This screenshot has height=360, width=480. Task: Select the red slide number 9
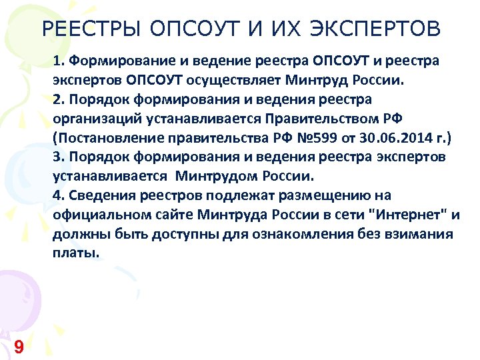pos(19,346)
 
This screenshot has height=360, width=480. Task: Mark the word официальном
pos(95,215)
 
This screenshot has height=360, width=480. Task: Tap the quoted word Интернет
pos(409,215)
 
